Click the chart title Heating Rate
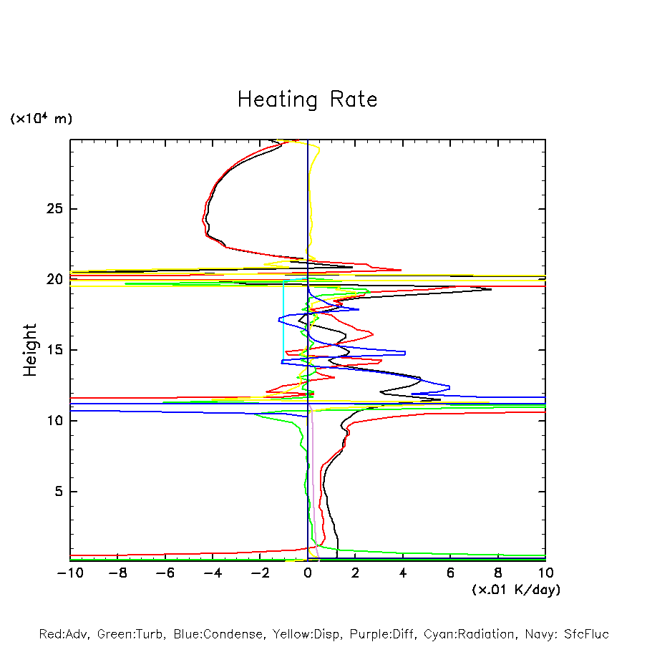point(307,99)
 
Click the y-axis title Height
point(30,350)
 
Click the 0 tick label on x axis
point(308,573)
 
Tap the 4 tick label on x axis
point(403,573)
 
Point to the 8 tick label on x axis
point(498,573)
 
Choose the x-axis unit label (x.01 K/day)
point(516,590)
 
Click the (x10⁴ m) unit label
point(41,119)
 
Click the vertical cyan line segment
point(283,322)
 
